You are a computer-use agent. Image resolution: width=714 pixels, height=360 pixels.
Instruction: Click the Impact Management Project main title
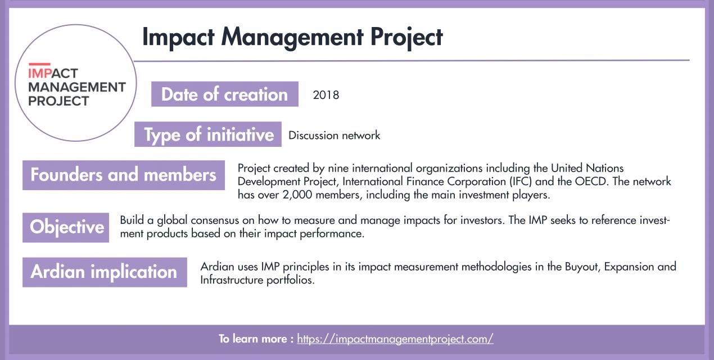click(292, 37)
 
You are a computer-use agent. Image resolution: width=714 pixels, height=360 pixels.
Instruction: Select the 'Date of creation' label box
click(224, 94)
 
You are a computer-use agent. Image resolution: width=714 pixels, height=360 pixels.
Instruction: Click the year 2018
click(326, 95)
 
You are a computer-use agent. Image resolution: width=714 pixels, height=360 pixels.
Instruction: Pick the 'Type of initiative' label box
click(208, 135)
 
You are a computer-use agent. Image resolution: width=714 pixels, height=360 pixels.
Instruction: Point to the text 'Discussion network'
click(334, 136)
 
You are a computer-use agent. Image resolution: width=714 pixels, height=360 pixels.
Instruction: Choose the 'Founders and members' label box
click(123, 175)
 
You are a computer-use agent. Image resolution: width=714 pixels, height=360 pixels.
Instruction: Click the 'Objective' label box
click(66, 227)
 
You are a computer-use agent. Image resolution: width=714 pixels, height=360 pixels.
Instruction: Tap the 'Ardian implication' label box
click(104, 272)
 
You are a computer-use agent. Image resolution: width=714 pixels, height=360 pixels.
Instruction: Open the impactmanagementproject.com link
click(395, 339)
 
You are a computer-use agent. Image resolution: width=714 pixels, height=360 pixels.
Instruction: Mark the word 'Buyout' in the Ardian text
click(584, 266)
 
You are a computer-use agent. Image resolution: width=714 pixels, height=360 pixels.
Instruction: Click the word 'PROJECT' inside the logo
click(58, 101)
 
